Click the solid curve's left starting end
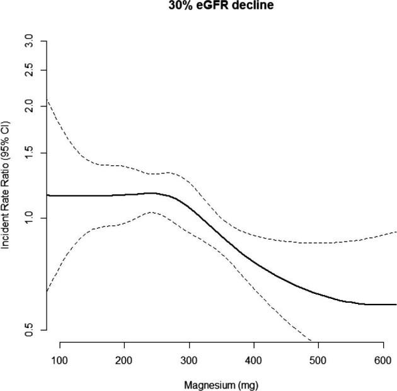click(x=47, y=195)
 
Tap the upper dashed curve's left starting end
click(x=47, y=100)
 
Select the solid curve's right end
click(x=396, y=304)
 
